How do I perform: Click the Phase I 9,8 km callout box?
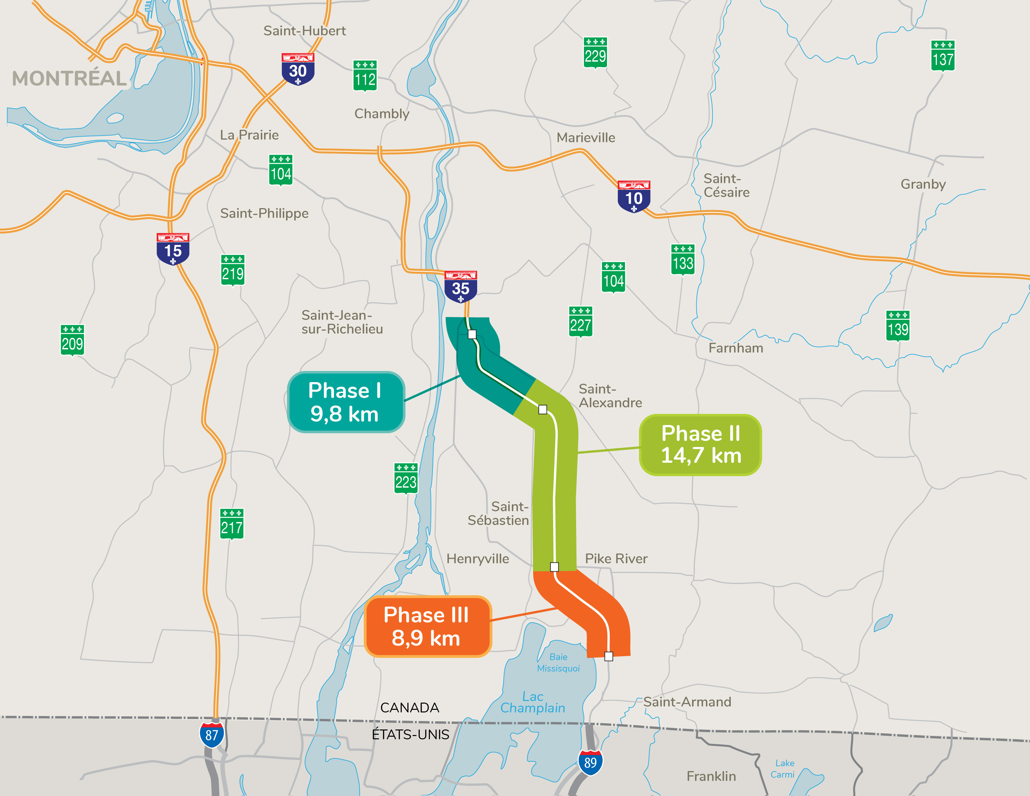[x=346, y=402]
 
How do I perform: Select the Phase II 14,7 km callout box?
[x=700, y=445]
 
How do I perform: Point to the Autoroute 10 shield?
[x=634, y=196]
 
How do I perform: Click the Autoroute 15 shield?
[x=173, y=248]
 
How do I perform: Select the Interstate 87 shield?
[x=212, y=735]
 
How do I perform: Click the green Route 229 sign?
[x=595, y=53]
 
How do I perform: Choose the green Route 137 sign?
[x=943, y=56]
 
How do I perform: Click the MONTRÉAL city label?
[x=69, y=78]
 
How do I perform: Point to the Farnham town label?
[x=736, y=348]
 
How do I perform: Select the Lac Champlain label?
[x=533, y=702]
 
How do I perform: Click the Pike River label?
[x=616, y=558]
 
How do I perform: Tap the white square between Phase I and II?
[x=543, y=409]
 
